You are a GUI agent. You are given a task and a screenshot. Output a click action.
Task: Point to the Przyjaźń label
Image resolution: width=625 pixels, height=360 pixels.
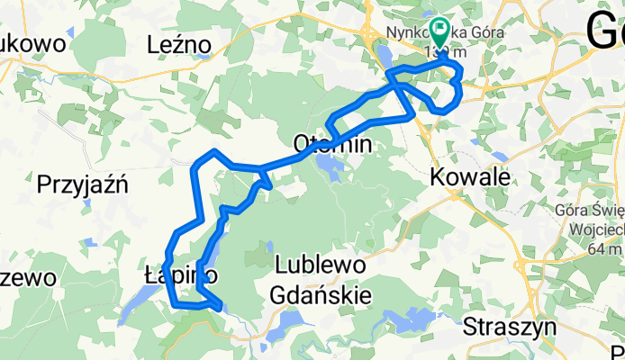tap(83, 185)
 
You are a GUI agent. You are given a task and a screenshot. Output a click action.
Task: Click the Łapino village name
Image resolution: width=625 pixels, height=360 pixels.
tap(180, 274)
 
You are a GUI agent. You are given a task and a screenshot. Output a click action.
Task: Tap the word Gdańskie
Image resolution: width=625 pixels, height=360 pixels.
tap(322, 293)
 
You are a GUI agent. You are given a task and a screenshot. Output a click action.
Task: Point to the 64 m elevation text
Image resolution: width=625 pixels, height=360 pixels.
tap(586, 249)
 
